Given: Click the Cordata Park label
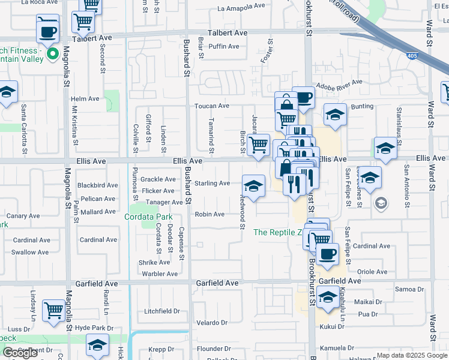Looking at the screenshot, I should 148,217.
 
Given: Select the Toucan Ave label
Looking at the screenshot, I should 211,106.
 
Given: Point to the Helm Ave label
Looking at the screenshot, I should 85,99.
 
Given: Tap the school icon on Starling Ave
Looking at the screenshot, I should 254,187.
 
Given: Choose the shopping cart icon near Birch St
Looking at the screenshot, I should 258,146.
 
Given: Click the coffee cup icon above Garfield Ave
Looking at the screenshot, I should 327,254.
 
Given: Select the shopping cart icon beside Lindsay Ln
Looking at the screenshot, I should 54,311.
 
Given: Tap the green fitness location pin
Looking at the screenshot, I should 53,55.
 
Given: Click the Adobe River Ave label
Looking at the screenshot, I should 339,83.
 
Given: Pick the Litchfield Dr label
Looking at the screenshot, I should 162,311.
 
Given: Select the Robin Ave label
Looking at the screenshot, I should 209,214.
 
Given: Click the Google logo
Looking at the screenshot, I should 20,353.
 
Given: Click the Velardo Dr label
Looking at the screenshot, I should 212,323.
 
